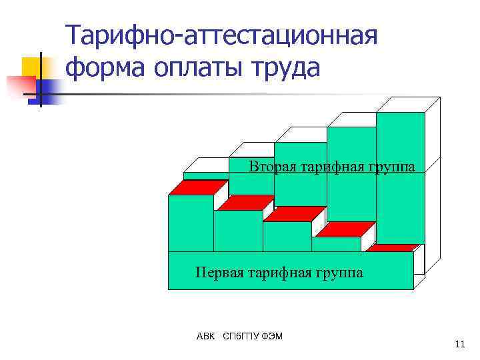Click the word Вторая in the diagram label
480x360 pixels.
(271, 167)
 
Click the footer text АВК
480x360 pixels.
(206, 336)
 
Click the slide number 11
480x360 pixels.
(459, 344)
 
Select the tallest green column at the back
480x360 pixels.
(400, 177)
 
